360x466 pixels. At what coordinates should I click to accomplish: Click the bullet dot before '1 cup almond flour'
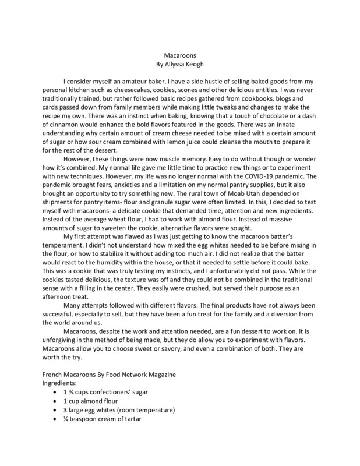(x=55, y=401)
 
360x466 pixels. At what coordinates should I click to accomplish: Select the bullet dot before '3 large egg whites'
(x=55, y=410)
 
